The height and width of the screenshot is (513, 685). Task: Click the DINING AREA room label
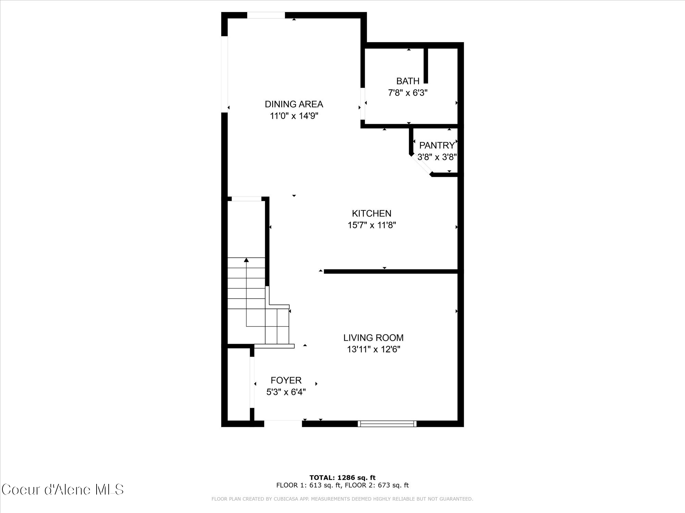coord(294,104)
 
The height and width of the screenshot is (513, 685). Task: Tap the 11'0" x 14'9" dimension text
coord(294,116)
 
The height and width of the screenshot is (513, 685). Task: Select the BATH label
coord(408,81)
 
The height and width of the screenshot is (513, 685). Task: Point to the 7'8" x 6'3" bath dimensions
coord(408,93)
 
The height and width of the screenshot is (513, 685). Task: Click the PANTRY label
coord(437,145)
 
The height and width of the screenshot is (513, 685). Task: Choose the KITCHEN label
coord(372,213)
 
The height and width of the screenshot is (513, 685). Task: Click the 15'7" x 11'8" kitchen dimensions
coord(372,225)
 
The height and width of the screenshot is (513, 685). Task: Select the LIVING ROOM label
coord(373,338)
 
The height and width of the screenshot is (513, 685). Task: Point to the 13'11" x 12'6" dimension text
coord(373,350)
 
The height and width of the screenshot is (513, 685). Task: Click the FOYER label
coord(286,380)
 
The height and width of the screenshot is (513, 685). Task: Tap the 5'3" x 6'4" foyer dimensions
coord(286,392)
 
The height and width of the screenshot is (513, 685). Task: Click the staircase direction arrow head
coord(246,260)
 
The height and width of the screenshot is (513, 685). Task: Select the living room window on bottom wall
coord(387,424)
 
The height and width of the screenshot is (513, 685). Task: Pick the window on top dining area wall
coord(266,15)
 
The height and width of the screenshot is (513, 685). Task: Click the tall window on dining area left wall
coord(224,74)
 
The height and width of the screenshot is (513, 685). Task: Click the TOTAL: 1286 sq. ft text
coord(342,477)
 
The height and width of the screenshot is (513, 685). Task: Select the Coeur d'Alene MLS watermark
coord(63,489)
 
